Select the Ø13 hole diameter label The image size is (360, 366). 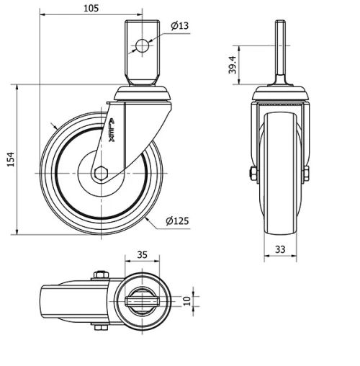tap(180, 27)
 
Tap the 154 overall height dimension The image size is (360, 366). tap(11, 159)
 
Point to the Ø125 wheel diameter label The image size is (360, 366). tap(176, 221)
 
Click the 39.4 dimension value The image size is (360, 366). tap(233, 66)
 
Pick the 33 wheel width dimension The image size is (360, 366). tap(281, 250)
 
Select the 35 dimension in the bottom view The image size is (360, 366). tap(141, 255)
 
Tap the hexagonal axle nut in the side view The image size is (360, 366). tap(101, 174)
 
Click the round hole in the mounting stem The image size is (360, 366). tap(142, 46)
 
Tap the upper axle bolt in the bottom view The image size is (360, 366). tap(99, 274)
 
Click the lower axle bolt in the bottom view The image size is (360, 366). tap(99, 329)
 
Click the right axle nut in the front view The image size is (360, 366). tap(307, 173)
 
